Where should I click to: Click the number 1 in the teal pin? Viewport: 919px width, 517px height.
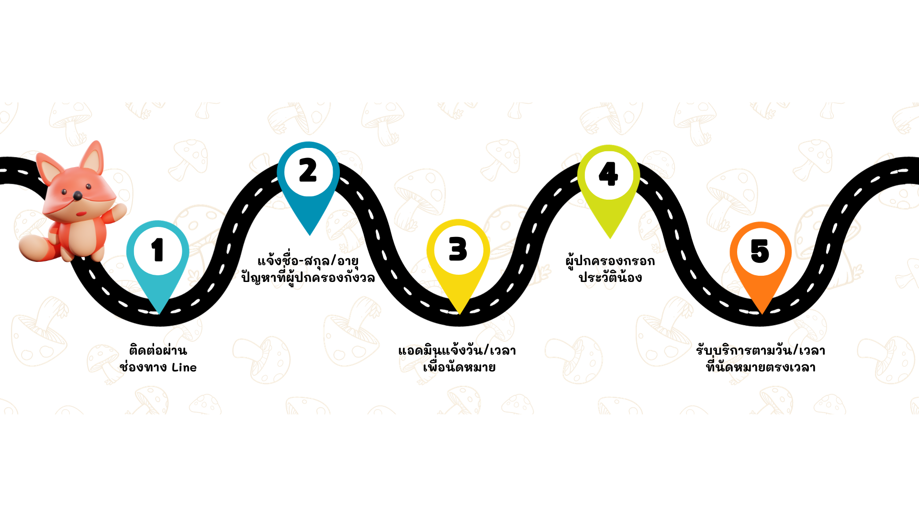[157, 250]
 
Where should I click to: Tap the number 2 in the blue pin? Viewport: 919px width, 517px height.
[308, 170]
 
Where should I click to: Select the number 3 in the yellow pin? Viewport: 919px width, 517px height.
[458, 249]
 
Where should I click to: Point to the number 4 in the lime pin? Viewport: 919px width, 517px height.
[608, 173]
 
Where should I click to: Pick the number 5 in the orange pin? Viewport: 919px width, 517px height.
[760, 251]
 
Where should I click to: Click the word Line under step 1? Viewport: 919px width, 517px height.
[184, 368]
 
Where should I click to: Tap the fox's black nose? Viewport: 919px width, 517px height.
[77, 195]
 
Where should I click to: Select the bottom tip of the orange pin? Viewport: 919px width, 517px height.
[762, 314]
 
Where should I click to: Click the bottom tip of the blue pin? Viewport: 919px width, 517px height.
[310, 235]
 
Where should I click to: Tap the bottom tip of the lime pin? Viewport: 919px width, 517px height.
[610, 238]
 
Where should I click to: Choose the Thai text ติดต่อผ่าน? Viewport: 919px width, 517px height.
[158, 350]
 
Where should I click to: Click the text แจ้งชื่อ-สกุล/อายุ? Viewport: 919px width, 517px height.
[308, 260]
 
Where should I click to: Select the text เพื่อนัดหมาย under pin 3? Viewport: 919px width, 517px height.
[459, 367]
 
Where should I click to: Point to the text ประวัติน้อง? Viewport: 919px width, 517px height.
[610, 277]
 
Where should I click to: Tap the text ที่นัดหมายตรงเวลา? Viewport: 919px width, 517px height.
[761, 367]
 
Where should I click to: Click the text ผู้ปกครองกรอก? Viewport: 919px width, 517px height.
[610, 260]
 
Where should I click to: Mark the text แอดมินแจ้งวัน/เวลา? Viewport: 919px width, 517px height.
[457, 350]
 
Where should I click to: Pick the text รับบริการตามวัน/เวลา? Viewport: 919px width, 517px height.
[761, 350]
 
